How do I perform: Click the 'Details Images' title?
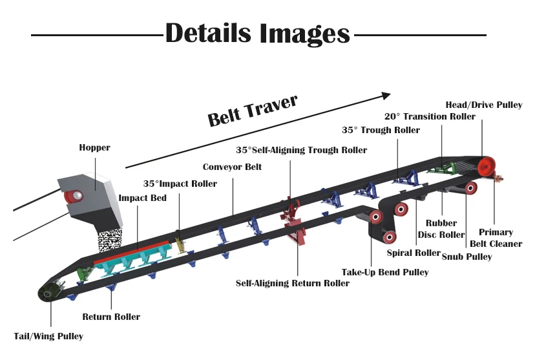point(257,33)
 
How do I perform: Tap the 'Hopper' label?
point(94,148)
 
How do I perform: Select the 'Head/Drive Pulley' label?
point(484,105)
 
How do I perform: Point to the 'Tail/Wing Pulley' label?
point(48,336)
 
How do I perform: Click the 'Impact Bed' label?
point(143,198)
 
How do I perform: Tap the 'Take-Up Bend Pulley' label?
point(385,272)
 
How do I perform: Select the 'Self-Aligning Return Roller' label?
point(293,283)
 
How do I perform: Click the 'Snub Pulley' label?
point(467,257)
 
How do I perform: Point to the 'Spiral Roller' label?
point(413,253)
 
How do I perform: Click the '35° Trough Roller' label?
point(381,130)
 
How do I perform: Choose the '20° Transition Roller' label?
point(430,116)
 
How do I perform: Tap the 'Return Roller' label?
point(111,317)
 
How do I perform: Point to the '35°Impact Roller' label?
point(180,184)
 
